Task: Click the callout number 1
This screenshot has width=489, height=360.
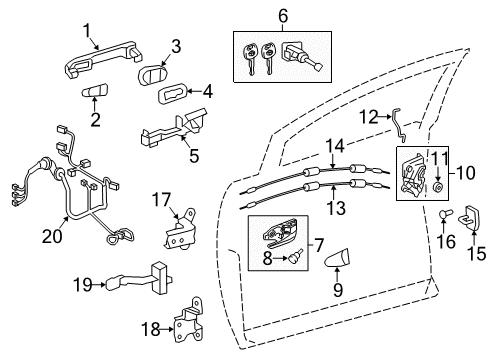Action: click(x=87, y=30)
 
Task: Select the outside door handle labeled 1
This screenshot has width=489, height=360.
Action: click(x=96, y=68)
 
